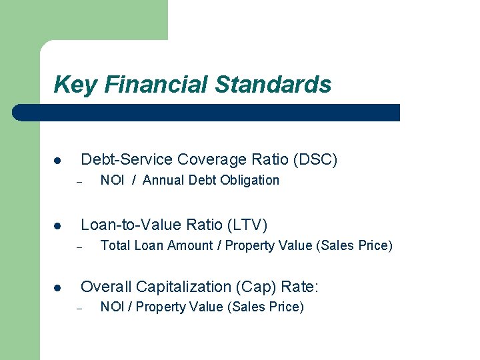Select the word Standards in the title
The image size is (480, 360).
pyautogui.click(x=273, y=85)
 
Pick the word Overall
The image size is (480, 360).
pyautogui.click(x=105, y=287)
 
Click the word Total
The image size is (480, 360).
pyautogui.click(x=115, y=245)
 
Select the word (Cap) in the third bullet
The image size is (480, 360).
pyautogui.click(x=256, y=287)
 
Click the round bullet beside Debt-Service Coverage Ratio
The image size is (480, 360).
pyautogui.click(x=58, y=161)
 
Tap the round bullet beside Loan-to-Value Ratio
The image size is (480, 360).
pyautogui.click(x=58, y=226)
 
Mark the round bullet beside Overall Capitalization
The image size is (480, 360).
pyautogui.click(x=58, y=288)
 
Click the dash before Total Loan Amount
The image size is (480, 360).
pyautogui.click(x=78, y=247)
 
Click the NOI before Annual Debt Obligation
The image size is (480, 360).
pyautogui.click(x=112, y=180)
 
